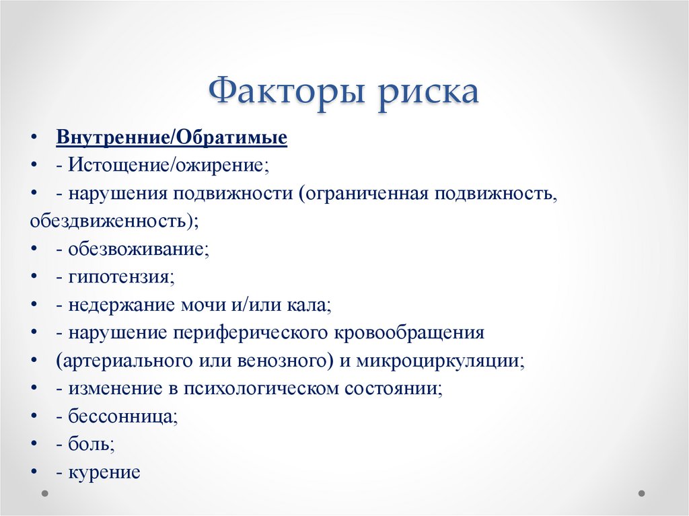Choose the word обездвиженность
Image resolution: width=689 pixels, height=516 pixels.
(x=110, y=220)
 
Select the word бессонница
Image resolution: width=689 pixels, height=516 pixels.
(x=122, y=417)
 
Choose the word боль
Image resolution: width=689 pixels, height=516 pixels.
(x=91, y=445)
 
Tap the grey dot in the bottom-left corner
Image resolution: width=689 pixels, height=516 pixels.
(x=46, y=493)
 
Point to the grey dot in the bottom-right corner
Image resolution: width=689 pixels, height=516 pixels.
(x=642, y=493)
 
